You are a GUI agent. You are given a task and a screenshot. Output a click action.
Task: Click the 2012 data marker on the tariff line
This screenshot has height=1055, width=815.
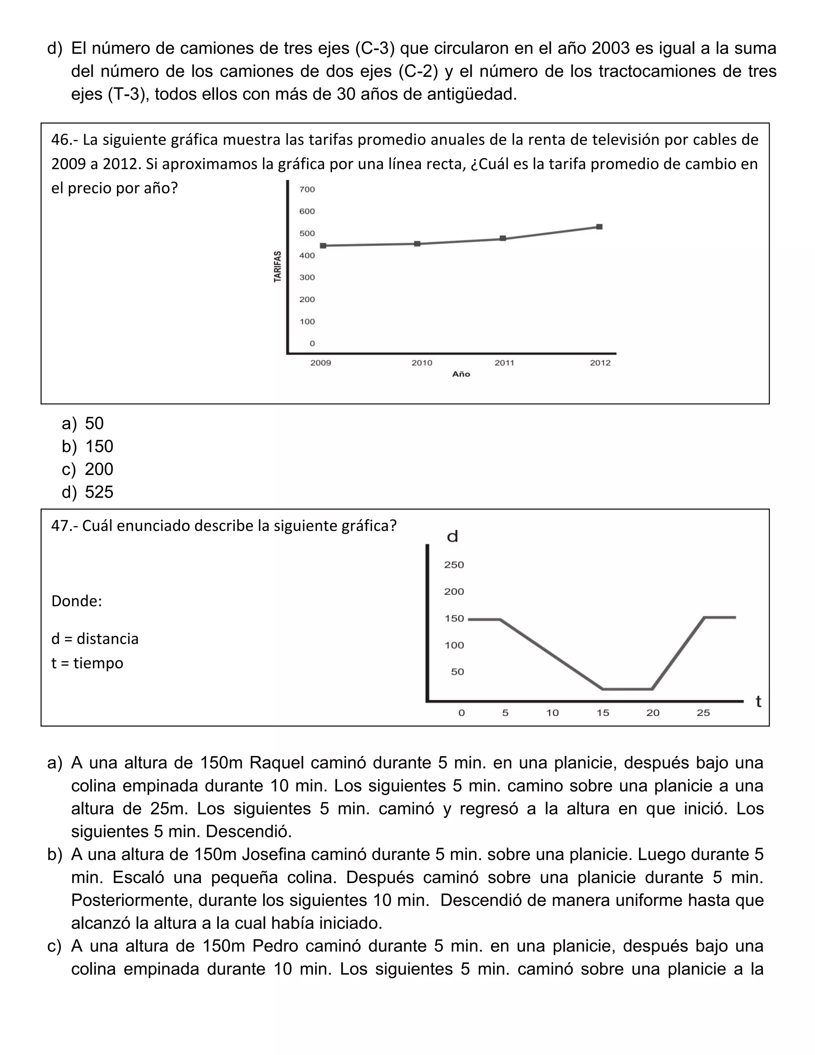(x=599, y=227)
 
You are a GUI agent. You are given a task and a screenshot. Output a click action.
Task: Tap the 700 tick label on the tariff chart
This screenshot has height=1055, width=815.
(x=307, y=190)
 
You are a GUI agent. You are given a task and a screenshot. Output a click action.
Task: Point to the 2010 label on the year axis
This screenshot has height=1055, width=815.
(x=421, y=363)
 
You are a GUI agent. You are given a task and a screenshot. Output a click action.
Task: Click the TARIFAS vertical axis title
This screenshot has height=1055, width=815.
(x=278, y=267)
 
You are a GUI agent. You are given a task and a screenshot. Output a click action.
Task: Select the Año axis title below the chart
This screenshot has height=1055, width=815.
(x=461, y=374)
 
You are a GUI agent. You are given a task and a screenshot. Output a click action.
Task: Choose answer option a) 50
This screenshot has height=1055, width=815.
(x=94, y=423)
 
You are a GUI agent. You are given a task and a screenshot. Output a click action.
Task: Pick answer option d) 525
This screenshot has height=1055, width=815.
(x=99, y=492)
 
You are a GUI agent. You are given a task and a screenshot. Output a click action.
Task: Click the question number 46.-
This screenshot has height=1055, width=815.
(x=65, y=140)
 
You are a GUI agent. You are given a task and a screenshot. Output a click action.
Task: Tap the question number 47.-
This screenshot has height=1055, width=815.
(x=65, y=526)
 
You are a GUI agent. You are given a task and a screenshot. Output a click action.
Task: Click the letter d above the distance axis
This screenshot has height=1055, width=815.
(x=452, y=536)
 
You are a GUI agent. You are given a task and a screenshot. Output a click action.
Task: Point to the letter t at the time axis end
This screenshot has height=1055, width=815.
(x=758, y=701)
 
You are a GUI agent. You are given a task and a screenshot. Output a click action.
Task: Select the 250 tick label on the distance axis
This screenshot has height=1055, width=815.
(x=454, y=565)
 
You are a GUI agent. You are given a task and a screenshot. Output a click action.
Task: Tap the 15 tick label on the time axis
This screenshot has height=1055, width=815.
(x=602, y=713)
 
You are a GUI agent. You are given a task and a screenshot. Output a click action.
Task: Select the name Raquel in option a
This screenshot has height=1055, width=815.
(x=277, y=763)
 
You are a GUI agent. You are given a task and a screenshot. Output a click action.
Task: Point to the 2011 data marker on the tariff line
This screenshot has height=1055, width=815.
(x=503, y=238)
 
